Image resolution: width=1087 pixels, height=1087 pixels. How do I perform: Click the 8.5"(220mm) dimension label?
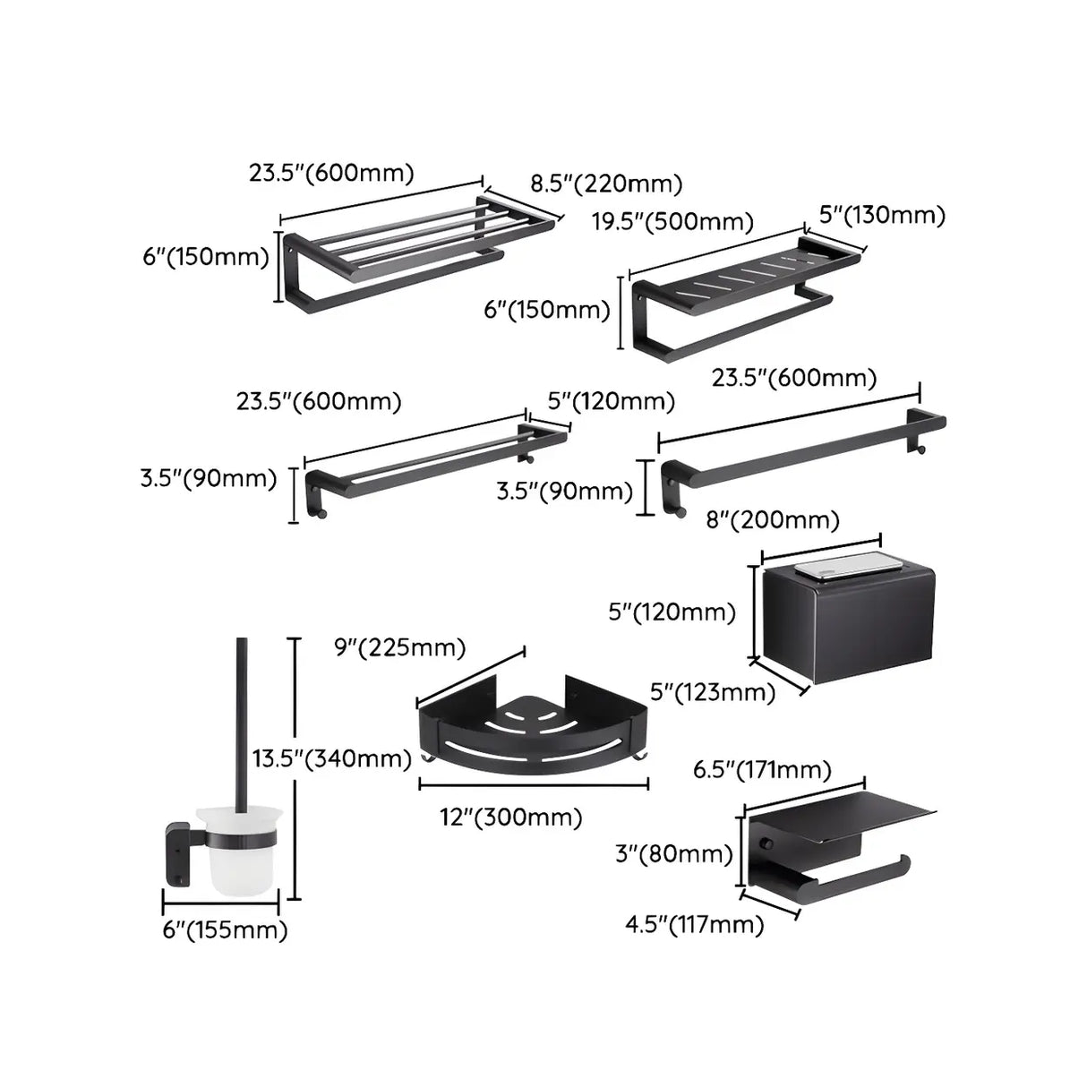(606, 184)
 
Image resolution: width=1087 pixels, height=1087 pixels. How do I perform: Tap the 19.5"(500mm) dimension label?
(672, 221)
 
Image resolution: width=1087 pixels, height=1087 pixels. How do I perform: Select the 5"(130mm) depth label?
(882, 215)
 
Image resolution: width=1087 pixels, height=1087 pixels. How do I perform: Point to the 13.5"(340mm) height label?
(331, 758)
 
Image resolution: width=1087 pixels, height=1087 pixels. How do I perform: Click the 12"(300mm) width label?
(511, 817)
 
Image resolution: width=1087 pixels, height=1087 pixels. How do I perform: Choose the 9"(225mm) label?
(399, 646)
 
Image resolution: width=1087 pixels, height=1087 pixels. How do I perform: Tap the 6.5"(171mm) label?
(762, 769)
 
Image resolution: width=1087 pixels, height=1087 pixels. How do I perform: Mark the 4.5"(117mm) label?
(694, 923)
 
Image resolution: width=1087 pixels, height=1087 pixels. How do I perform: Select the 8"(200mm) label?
(773, 519)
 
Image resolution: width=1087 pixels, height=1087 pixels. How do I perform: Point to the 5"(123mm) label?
(712, 691)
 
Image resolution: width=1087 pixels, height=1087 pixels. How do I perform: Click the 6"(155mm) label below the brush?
(225, 929)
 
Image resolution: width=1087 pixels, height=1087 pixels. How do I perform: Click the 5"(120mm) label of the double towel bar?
(612, 400)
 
